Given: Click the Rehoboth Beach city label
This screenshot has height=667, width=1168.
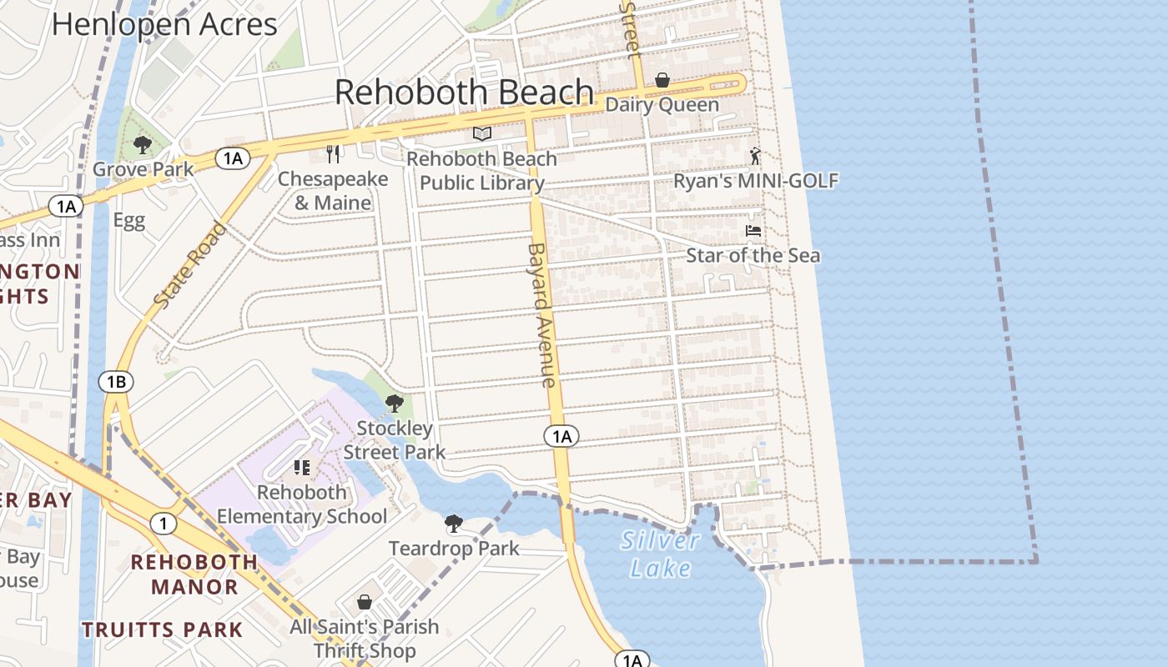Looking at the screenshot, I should coord(465,92).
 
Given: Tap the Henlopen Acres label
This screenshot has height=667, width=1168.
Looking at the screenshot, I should coord(164,23).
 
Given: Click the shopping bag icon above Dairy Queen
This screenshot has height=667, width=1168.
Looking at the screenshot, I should coord(662,80).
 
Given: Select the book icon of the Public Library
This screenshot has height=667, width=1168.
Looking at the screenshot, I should coord(482,133).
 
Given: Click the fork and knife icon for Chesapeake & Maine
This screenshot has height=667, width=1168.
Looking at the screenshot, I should coord(333,154).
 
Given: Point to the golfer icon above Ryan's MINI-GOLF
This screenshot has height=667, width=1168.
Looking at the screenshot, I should coord(756,156).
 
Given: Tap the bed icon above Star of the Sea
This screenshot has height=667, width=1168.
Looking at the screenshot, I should coord(753,231).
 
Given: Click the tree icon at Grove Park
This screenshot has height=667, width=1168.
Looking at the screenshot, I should coord(143,145).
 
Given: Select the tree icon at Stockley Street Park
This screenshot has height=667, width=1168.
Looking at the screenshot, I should coord(395,404).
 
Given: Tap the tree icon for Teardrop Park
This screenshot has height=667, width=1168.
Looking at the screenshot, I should coord(454,524).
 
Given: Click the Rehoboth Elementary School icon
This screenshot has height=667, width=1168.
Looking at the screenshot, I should coord(302,468).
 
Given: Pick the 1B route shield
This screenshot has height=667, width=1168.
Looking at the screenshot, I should coord(116,382).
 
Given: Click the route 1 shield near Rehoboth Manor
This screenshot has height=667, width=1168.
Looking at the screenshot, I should coord(164,524).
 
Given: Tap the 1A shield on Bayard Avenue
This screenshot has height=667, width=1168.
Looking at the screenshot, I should coord(561,435).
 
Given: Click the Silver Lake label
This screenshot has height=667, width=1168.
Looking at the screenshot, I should coord(660,554).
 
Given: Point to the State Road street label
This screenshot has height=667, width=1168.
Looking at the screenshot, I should coord(191,265).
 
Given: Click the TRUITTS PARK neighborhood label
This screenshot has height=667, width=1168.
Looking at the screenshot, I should coord(163,629).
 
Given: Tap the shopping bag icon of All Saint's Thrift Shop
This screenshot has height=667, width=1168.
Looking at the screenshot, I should coord(365,602).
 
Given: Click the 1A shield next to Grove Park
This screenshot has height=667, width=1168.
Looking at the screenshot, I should coord(233,158).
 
